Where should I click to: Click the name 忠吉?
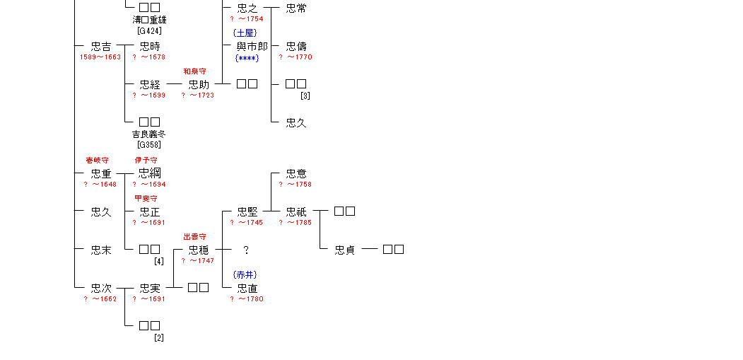click(x=101, y=47)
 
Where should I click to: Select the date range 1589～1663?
click(x=100, y=57)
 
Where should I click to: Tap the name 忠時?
click(x=150, y=47)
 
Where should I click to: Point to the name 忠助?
click(x=199, y=85)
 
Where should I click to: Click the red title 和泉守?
click(x=194, y=71)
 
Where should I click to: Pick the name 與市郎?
click(x=252, y=47)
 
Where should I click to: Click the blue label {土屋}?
click(x=245, y=33)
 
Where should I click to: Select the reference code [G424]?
click(x=149, y=30)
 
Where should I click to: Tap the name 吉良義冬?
click(x=149, y=134)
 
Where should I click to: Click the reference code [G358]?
click(x=149, y=145)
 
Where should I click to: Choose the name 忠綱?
click(x=149, y=174)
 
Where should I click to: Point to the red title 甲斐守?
click(x=146, y=199)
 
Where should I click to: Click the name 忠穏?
click(x=199, y=250)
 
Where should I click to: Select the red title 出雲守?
click(x=194, y=237)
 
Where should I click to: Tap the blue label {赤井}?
click(x=245, y=274)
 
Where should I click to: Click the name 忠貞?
click(x=345, y=250)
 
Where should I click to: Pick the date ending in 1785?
click(x=295, y=223)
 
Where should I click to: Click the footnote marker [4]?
click(x=159, y=261)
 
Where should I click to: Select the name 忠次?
click(x=101, y=289)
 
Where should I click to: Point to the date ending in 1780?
click(x=246, y=299)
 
